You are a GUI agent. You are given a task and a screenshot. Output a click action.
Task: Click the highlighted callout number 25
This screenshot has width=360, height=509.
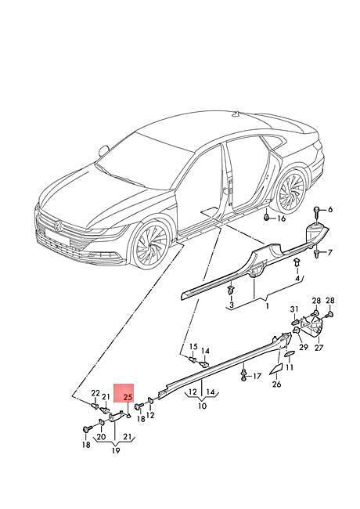(x=128, y=397)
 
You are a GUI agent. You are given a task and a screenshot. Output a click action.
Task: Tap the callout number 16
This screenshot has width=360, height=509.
(x=281, y=218)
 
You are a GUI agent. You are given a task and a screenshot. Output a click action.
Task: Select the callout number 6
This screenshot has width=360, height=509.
(x=330, y=210)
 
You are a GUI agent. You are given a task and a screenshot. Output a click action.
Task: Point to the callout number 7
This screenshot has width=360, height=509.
(x=329, y=252)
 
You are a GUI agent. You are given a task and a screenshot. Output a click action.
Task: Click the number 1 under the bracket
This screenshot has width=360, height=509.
(x=267, y=306)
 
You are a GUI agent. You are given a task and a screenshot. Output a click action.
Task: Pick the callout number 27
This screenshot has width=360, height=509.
(x=319, y=348)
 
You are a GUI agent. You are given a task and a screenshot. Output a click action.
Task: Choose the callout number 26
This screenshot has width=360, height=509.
(x=276, y=384)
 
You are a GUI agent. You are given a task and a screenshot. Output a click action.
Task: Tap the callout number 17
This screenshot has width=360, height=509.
(x=257, y=376)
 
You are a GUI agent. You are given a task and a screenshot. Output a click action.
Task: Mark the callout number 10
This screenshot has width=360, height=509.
(x=202, y=406)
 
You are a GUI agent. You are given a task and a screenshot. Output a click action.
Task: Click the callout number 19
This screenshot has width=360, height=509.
(x=116, y=450)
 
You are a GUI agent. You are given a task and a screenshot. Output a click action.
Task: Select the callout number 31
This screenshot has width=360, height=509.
(x=293, y=309)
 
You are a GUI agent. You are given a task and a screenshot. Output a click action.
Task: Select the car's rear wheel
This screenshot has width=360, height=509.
(x=292, y=191)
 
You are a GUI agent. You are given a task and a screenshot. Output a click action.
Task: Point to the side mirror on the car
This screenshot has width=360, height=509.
(x=104, y=150)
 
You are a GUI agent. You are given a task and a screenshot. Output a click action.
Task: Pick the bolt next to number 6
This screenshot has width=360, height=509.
(x=318, y=212)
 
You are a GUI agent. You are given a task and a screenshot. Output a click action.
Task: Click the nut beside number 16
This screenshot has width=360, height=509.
(x=266, y=217)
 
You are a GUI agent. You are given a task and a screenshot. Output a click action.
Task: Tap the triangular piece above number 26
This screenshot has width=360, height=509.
(x=275, y=369)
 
